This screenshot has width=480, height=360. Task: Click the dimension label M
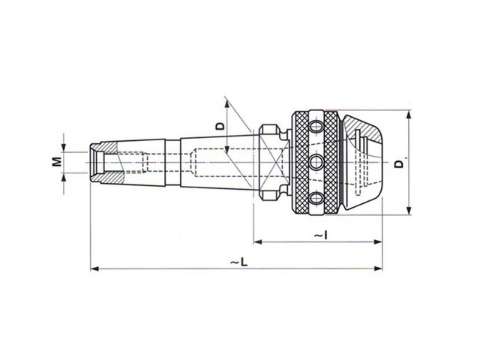[x=56, y=162]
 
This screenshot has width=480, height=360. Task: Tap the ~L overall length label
[x=239, y=262]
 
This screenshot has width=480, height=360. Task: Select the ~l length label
[x=321, y=235]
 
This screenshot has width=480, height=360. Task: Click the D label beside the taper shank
[x=220, y=126]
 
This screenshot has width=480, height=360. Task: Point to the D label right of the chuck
[x=399, y=164]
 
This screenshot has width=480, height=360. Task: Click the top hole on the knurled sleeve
[x=316, y=126]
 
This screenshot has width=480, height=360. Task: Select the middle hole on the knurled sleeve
[x=316, y=162]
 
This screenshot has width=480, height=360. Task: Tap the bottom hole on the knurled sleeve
[x=316, y=198]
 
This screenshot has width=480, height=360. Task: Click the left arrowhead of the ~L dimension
[x=94, y=268]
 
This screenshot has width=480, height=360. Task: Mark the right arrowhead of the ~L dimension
[x=378, y=268]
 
